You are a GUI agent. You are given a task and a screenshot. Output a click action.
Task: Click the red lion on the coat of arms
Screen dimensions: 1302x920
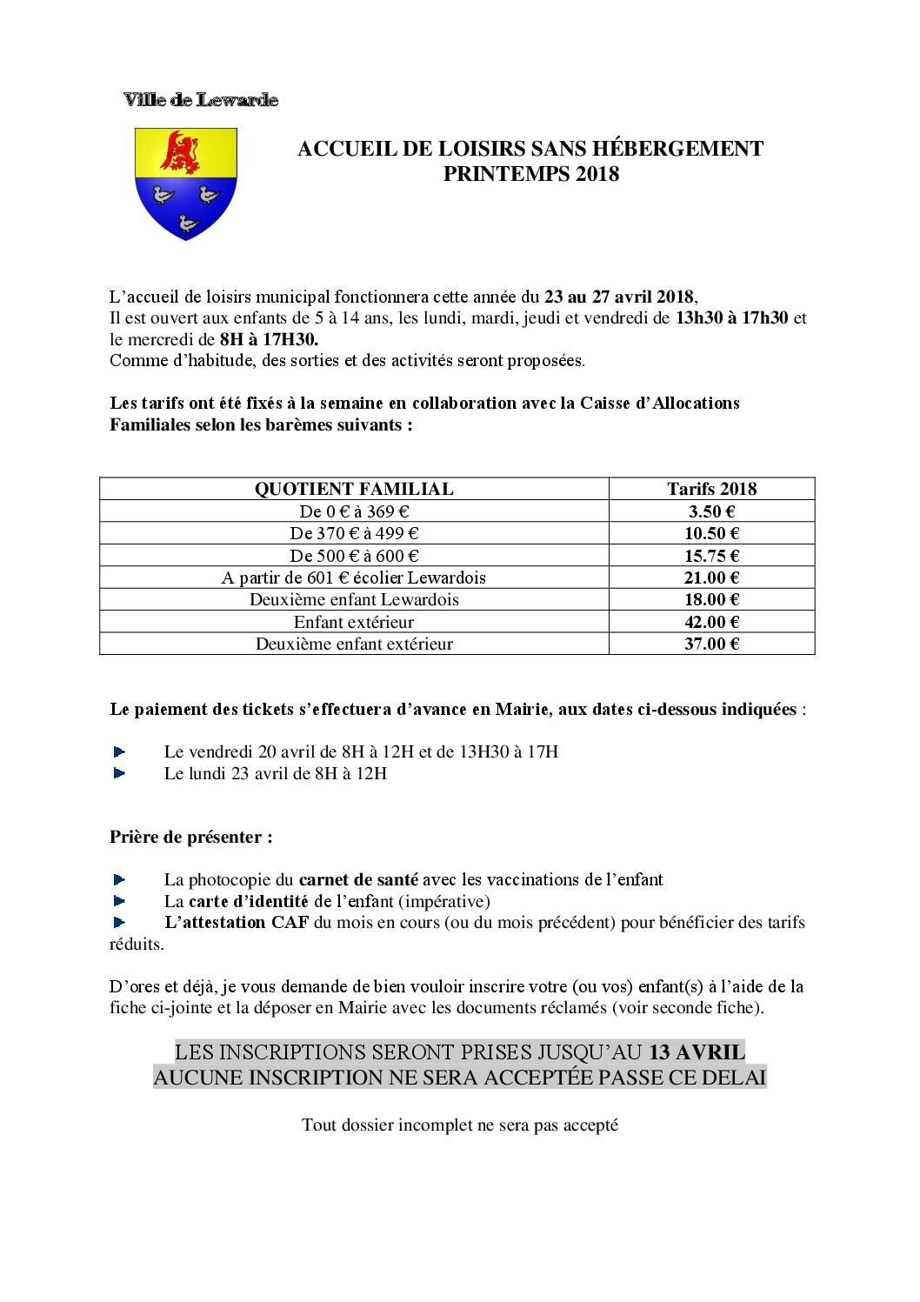click(181, 153)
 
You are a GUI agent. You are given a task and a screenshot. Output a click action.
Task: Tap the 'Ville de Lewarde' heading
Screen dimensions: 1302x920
click(201, 100)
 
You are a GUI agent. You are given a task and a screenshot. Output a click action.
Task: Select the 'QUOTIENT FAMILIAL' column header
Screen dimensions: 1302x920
click(354, 489)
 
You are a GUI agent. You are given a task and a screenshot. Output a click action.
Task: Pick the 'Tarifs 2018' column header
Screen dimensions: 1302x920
click(711, 489)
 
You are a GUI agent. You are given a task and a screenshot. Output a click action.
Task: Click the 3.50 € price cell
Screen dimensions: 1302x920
click(711, 511)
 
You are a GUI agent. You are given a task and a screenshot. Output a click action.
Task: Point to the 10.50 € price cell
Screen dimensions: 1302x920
click(711, 533)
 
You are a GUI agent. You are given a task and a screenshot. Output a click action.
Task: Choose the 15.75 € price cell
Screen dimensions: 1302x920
click(711, 556)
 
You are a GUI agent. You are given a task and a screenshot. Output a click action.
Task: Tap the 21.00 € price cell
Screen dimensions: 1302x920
click(711, 578)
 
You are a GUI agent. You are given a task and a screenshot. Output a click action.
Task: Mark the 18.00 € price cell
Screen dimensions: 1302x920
click(711, 599)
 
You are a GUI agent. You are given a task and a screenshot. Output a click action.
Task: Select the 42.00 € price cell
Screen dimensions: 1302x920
click(711, 622)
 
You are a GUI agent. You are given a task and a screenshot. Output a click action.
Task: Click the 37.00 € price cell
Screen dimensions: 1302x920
click(711, 644)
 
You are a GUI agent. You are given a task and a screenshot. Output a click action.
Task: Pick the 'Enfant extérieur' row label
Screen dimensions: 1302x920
click(354, 622)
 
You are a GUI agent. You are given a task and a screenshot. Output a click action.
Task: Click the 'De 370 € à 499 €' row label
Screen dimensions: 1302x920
click(354, 533)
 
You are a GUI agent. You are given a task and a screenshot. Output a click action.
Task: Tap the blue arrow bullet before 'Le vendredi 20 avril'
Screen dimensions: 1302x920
click(120, 751)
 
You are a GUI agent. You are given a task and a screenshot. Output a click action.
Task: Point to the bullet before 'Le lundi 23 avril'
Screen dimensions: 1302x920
click(120, 773)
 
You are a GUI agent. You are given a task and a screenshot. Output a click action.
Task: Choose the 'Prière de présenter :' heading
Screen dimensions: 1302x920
click(191, 838)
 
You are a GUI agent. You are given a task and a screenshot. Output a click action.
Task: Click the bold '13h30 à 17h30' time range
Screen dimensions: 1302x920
click(732, 317)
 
